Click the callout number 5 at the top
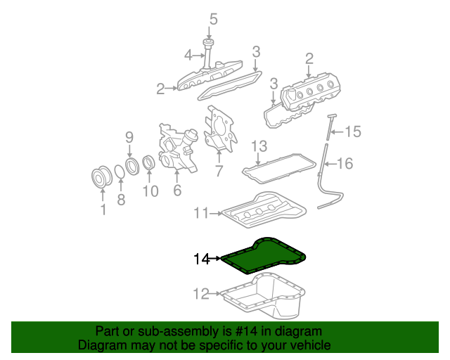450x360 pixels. pyautogui.click(x=214, y=19)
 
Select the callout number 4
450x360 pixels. pyautogui.click(x=188, y=55)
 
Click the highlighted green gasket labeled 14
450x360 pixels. pyautogui.click(x=264, y=255)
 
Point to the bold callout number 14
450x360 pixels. pyautogui.click(x=202, y=259)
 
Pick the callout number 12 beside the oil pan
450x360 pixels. pyautogui.click(x=201, y=294)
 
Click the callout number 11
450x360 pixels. pyautogui.click(x=201, y=213)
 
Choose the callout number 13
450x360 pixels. pyautogui.click(x=259, y=146)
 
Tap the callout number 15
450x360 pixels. pyautogui.click(x=353, y=131)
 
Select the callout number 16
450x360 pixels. pyautogui.click(x=345, y=163)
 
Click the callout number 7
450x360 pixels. pyautogui.click(x=219, y=171)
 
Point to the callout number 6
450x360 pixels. pyautogui.click(x=177, y=190)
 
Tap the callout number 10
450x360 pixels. pyautogui.click(x=150, y=191)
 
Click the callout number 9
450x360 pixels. pyautogui.click(x=129, y=138)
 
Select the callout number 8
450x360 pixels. pyautogui.click(x=121, y=199)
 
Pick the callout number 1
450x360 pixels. pyautogui.click(x=103, y=210)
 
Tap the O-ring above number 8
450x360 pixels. pyautogui.click(x=120, y=172)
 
